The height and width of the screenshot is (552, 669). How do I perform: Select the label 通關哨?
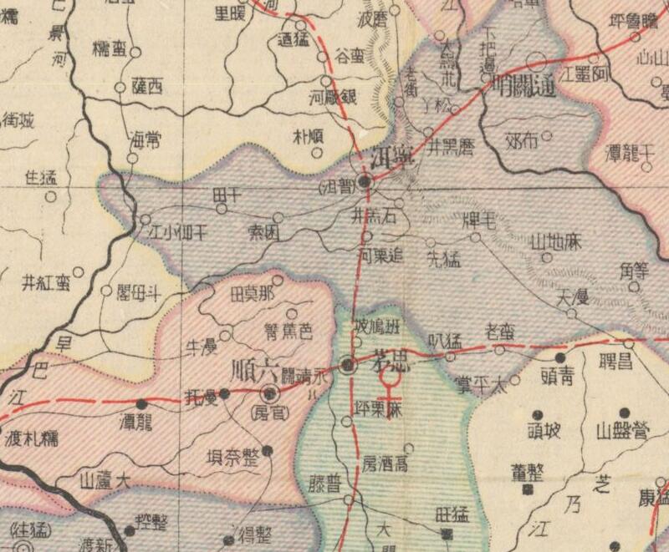(x=523, y=84)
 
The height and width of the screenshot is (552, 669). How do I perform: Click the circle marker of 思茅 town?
(x=350, y=365)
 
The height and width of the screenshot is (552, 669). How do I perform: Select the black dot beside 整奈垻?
(x=268, y=451)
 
